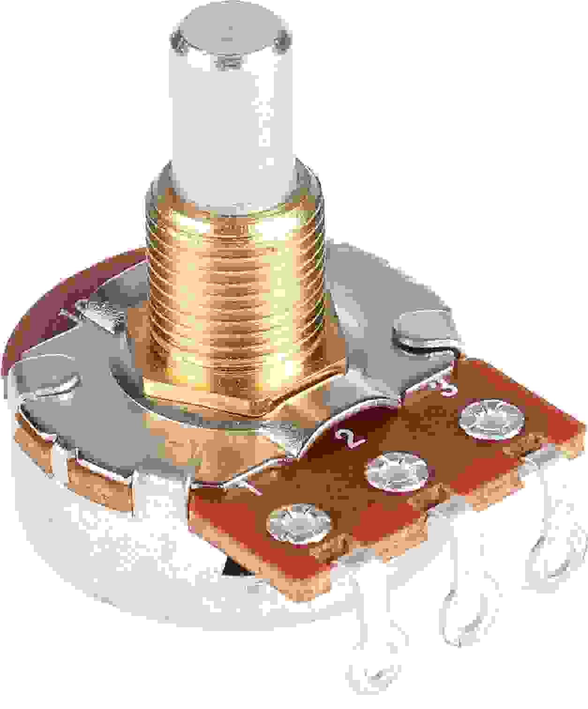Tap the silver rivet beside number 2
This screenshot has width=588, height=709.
(x=398, y=472)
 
